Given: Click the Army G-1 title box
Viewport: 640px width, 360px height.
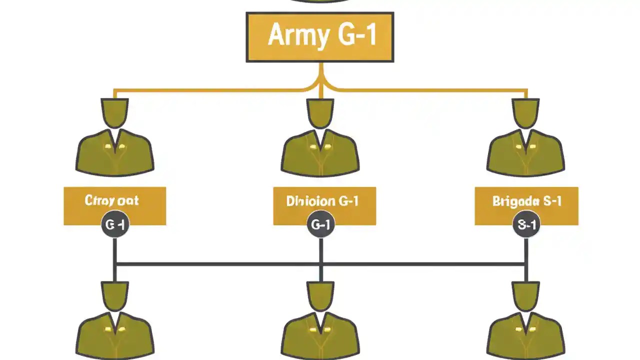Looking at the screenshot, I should pos(320,37).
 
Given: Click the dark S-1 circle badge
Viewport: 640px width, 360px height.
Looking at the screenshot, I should pos(526,225).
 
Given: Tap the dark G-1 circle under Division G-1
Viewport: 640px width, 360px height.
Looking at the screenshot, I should pos(320,225).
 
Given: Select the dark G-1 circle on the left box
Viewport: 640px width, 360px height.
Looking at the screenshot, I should pos(115,225).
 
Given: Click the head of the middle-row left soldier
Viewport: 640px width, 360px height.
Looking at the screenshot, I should pos(114,112).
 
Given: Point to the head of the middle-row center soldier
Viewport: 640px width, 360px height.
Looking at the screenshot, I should pos(320,112).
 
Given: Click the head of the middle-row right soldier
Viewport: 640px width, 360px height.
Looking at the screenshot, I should pos(525,112).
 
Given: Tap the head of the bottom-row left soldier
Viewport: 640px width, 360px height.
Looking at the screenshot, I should pos(114,295).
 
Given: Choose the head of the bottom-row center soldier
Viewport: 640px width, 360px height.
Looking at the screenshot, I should pos(320,295).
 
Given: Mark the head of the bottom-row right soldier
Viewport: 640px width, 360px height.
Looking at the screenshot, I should pos(525,295).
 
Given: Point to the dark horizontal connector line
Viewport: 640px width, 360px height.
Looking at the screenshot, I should pos(220,263).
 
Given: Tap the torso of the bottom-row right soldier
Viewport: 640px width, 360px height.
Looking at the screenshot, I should pos(525,337).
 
